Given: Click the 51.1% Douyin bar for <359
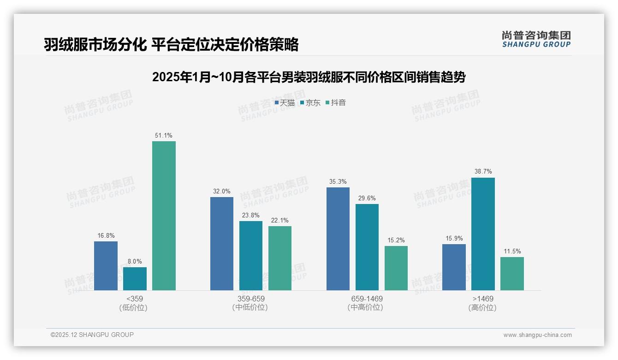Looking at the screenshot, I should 164,216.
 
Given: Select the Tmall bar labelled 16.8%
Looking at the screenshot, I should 106,266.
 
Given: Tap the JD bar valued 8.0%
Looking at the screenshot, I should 135,279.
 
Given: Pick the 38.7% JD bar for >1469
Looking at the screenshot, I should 483,234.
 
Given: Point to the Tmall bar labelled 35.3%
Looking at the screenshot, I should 338,239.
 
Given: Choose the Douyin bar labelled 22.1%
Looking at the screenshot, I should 280,258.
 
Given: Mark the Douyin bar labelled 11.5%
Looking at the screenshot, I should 512,274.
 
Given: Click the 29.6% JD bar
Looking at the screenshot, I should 367,247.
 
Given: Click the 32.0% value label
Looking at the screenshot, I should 222,192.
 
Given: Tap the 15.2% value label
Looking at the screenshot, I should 396,240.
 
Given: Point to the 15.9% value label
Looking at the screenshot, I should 454,239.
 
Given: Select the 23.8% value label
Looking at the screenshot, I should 251,216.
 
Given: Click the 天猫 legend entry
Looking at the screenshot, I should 285,103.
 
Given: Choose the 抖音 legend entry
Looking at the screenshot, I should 336,103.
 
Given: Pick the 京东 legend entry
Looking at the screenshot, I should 310,103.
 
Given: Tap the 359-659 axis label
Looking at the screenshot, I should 251,299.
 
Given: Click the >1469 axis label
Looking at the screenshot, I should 483,299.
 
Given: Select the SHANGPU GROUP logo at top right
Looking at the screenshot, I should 536,39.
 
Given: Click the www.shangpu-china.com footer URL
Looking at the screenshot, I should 537,335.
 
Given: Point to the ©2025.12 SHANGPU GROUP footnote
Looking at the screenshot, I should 92,335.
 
